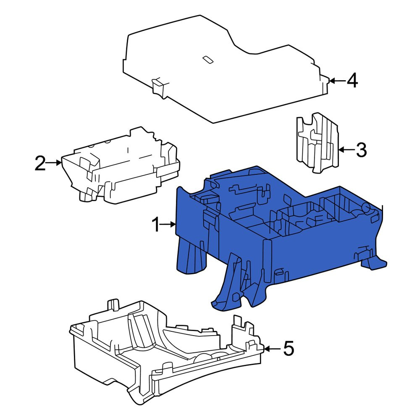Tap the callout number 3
pyautogui.click(x=361, y=150)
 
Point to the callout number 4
pyautogui.click(x=352, y=81)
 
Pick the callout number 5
pyautogui.click(x=289, y=349)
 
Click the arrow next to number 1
pyautogui.click(x=169, y=224)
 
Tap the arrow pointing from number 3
pyautogui.click(x=346, y=150)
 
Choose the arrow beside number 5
pyautogui.click(x=273, y=349)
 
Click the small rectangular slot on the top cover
pyautogui.click(x=207, y=60)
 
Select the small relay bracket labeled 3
pyautogui.click(x=318, y=142)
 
